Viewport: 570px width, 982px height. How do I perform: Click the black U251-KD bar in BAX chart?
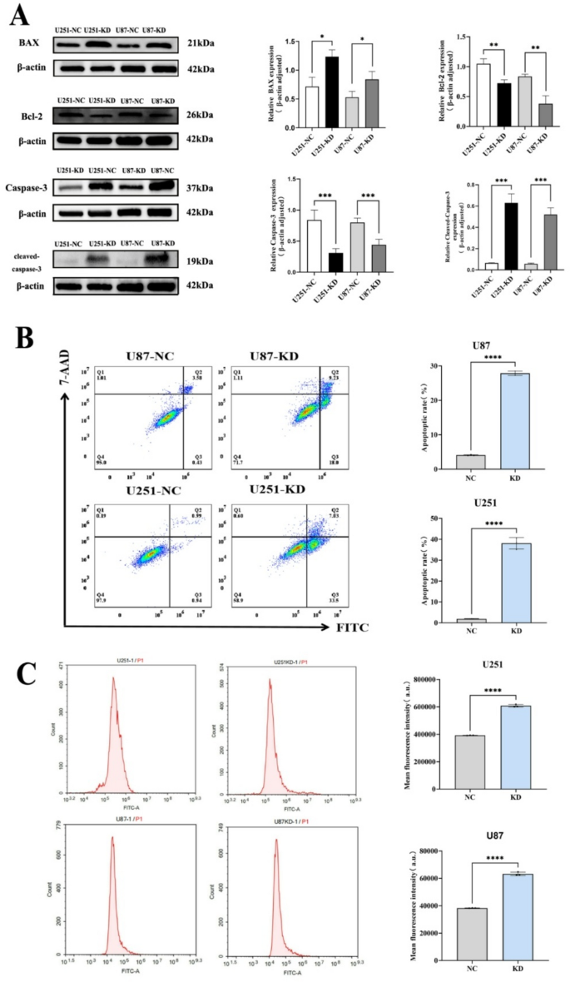point(332,92)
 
